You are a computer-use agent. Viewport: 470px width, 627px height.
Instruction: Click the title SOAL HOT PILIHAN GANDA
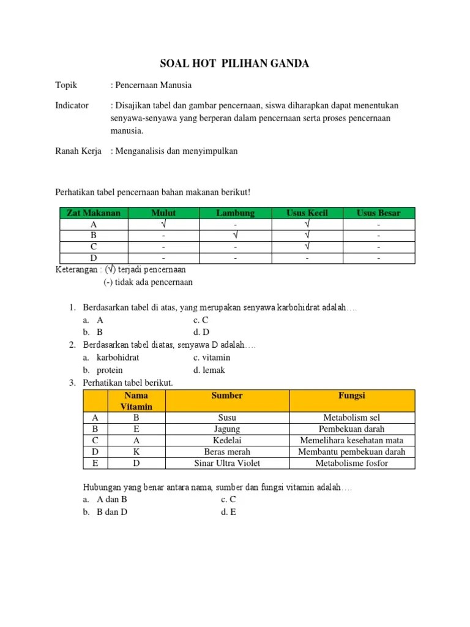tap(235, 64)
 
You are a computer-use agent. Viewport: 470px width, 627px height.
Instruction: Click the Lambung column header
tap(235, 213)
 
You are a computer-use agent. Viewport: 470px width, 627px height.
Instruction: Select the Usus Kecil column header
tap(307, 213)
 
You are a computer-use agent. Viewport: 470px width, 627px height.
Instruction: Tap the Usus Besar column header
tap(379, 213)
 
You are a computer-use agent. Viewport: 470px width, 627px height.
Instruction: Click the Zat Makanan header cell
tap(94, 213)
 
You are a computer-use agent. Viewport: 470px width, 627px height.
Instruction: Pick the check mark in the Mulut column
tap(163, 224)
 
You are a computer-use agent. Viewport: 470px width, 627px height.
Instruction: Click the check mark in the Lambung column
tap(235, 235)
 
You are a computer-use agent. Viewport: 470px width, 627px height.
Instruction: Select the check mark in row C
tap(307, 247)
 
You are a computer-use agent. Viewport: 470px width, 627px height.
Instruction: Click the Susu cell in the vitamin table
tap(227, 417)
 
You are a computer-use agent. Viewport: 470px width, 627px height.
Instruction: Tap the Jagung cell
tap(227, 429)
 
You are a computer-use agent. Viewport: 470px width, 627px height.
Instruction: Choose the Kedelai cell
tap(227, 440)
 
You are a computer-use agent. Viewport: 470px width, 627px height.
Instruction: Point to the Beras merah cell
tap(227, 452)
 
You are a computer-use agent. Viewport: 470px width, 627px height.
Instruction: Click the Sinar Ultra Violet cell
tap(227, 463)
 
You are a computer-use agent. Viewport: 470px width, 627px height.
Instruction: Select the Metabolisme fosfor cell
tap(352, 463)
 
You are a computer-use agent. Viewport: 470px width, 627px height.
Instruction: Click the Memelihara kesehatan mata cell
tap(352, 440)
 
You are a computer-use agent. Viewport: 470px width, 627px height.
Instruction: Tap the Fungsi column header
tap(352, 396)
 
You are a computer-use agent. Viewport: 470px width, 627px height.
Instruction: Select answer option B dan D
tap(112, 512)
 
